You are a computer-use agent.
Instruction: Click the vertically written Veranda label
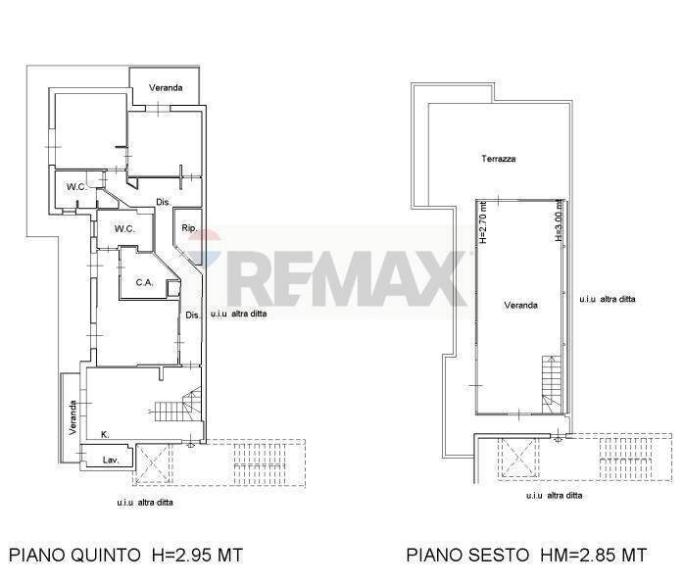pyautogui.click(x=73, y=418)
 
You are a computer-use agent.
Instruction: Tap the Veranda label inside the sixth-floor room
pyautogui.click(x=520, y=306)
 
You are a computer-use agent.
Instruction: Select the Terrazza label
pyautogui.click(x=498, y=159)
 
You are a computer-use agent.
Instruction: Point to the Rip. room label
pyautogui.click(x=190, y=229)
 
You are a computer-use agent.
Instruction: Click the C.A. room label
pyautogui.click(x=144, y=283)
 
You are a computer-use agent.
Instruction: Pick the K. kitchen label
pyautogui.click(x=105, y=434)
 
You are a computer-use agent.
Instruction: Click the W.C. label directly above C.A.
pyautogui.click(x=123, y=229)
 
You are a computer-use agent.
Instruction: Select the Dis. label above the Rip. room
pyautogui.click(x=164, y=203)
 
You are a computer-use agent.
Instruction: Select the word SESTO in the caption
pyautogui.click(x=502, y=556)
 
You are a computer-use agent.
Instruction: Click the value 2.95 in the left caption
pyautogui.click(x=192, y=556)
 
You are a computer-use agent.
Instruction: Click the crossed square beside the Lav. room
pyautogui.click(x=151, y=462)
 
